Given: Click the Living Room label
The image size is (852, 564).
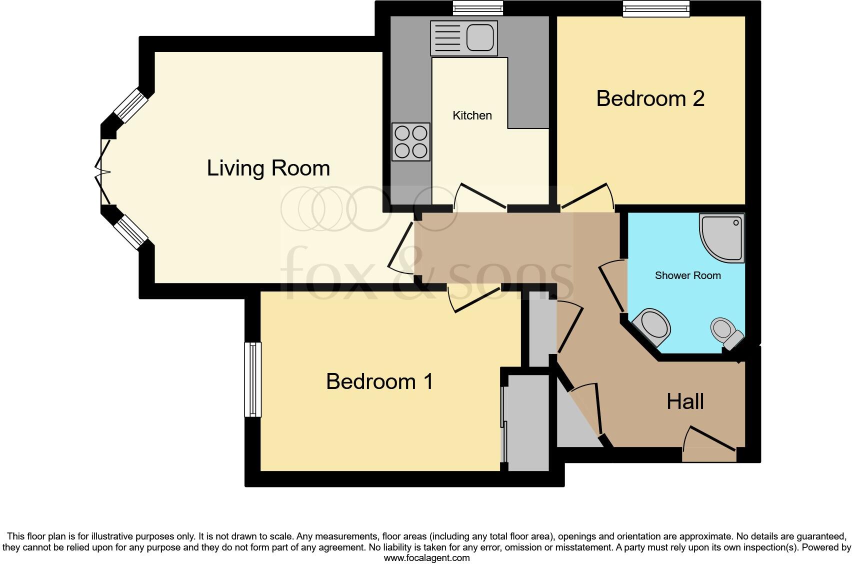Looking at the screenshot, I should [x=268, y=168].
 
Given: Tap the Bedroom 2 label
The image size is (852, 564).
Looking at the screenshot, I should [x=650, y=98].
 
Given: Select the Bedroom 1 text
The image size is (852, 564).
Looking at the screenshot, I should [x=379, y=381].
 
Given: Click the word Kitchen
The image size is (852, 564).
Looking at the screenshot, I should [x=472, y=115].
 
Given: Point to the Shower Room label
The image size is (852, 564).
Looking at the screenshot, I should [x=687, y=275].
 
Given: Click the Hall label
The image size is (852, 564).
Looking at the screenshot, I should [x=685, y=401].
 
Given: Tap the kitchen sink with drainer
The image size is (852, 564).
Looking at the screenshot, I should [x=464, y=38].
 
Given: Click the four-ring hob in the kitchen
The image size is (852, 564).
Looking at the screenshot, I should [x=411, y=142].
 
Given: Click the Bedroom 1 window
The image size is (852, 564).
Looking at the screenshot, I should [x=253, y=379].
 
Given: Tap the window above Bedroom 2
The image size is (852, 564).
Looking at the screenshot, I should [x=655, y=8].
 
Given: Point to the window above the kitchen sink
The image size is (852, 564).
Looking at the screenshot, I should [x=477, y=8].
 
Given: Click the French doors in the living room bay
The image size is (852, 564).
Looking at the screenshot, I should [x=102, y=172].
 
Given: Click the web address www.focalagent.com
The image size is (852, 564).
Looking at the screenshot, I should [x=426, y=558].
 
